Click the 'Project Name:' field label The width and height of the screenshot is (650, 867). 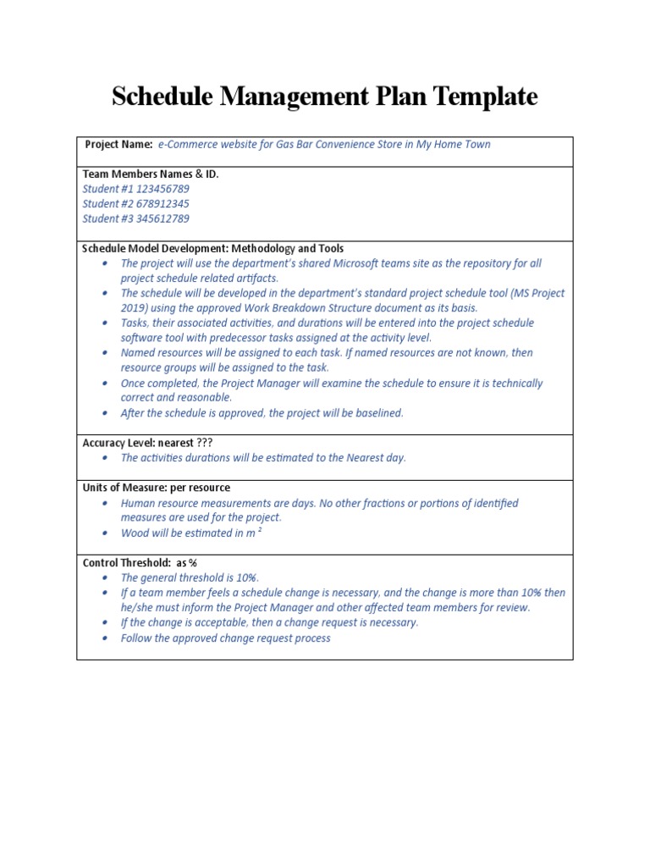coord(118,144)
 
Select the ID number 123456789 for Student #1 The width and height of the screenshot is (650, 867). coord(163,189)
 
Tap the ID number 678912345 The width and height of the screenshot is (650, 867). coord(163,203)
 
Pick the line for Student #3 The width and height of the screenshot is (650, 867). coord(135,218)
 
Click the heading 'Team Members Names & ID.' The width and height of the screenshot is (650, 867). coord(150,174)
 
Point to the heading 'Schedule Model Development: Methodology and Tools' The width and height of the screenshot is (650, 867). coord(212,248)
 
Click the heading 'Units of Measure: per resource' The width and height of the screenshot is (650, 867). coord(156,488)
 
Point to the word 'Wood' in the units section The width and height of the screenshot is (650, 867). coord(135,533)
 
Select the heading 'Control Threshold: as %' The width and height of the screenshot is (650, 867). coord(139,563)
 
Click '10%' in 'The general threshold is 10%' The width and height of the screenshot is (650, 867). coord(245,577)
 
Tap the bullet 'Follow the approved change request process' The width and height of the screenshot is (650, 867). coord(225,638)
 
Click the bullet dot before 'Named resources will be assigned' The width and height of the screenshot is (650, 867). coord(105,353)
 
